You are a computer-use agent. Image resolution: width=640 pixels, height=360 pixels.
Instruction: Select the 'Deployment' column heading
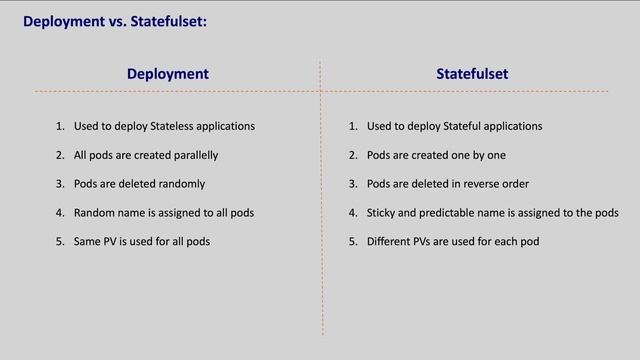click(x=168, y=74)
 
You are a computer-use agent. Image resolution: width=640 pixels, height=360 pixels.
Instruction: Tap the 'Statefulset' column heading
click(x=472, y=74)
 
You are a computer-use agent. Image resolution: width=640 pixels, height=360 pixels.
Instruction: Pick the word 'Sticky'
click(x=383, y=213)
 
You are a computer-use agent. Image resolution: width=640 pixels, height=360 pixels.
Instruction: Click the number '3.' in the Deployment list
click(x=60, y=184)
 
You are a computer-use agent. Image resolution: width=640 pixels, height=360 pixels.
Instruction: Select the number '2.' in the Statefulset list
click(x=353, y=156)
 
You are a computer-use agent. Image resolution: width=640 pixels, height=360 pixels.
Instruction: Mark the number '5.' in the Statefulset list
click(x=353, y=242)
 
